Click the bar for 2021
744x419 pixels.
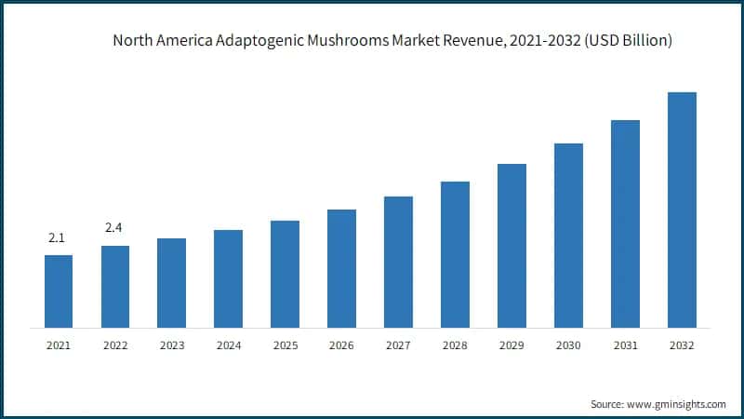tap(59, 291)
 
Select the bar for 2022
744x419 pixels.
tap(115, 286)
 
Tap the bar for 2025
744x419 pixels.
tap(285, 274)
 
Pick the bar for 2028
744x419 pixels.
tap(455, 254)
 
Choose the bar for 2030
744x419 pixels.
tap(568, 235)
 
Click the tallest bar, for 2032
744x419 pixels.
tap(682, 209)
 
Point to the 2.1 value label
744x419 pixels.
tap(57, 239)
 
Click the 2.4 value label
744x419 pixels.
tap(113, 228)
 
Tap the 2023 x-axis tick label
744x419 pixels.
tap(171, 345)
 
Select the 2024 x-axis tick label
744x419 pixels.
tap(228, 345)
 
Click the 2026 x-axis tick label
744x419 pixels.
tap(341, 345)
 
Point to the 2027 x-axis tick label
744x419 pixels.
tap(398, 345)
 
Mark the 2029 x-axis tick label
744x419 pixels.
tap(511, 345)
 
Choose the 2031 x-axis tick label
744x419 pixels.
tap(625, 345)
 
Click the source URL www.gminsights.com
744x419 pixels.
tap(677, 404)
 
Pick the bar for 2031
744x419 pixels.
tap(625, 223)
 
